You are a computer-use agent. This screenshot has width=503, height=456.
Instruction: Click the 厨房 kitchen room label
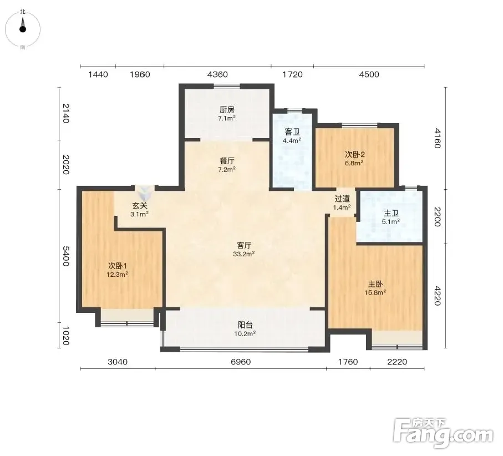pos(227,110)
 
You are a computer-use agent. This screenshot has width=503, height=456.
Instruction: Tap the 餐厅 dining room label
pos(227,161)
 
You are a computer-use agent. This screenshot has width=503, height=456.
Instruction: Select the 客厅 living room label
pos(244,246)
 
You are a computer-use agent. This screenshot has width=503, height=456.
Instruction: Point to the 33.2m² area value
pos(244,254)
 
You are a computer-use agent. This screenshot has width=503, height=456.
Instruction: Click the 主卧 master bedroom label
pos(375,285)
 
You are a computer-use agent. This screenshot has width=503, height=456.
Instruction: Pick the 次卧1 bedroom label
pos(118,266)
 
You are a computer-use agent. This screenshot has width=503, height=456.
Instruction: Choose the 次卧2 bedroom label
pos(354,154)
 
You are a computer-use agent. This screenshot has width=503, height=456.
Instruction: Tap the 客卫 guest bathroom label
pos(292,132)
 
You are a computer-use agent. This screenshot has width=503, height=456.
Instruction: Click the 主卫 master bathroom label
pos(391,213)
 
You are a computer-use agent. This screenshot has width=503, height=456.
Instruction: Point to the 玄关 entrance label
pos(140,205)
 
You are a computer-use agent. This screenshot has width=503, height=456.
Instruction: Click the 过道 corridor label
pos(342,199)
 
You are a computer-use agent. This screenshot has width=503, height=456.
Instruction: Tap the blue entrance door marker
pos(144,192)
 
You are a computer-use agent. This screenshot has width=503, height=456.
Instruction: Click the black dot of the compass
pos(22,29)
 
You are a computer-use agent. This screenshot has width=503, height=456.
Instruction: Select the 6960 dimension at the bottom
pos(241,362)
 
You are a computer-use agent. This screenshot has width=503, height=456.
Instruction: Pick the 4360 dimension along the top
pos(217,74)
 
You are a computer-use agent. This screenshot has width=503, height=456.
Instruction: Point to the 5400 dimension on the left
pos(66,256)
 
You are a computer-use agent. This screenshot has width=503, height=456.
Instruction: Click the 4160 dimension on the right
pos(437,138)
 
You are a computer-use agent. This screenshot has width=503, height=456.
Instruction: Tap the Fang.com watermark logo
pos(443,433)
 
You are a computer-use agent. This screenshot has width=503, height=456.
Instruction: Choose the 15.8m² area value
pos(375,293)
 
